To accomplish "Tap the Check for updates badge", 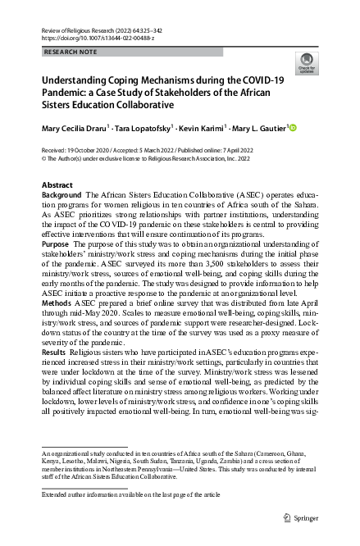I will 305,63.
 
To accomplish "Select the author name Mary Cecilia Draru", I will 75,129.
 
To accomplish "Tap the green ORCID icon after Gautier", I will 292,128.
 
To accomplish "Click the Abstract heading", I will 57,185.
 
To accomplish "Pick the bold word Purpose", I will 55,243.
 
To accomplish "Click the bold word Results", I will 55,350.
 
